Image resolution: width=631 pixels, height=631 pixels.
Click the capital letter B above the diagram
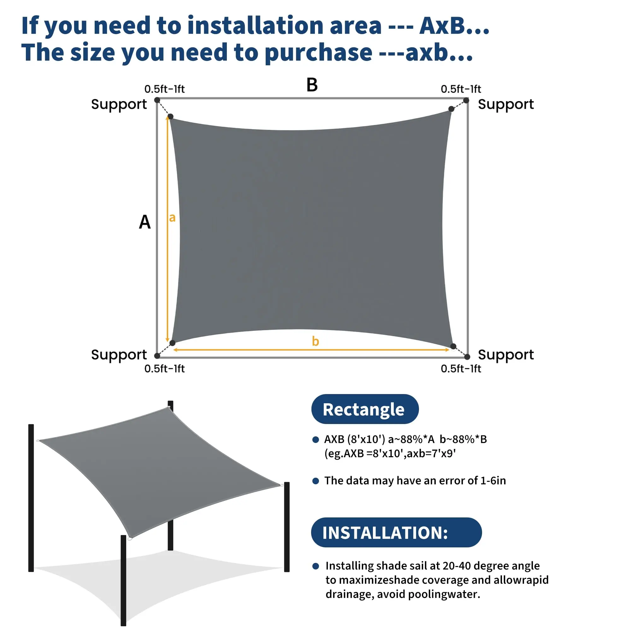(x=312, y=85)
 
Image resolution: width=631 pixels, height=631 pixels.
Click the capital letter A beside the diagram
(x=145, y=222)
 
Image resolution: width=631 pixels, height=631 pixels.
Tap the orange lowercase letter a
(x=172, y=217)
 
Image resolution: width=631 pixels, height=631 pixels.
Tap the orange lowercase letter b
(x=315, y=341)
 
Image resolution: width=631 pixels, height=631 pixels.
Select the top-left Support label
(x=119, y=105)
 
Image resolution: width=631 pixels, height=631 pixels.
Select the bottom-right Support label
(x=505, y=355)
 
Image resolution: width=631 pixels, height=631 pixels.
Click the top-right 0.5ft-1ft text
(x=461, y=89)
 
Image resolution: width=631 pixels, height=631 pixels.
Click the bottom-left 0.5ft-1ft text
(x=164, y=369)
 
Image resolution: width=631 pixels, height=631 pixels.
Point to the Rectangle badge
(x=365, y=409)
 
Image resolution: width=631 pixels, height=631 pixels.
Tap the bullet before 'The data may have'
(x=315, y=481)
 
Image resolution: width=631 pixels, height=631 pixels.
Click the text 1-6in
(x=493, y=481)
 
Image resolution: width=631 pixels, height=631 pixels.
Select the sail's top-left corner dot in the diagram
(x=170, y=117)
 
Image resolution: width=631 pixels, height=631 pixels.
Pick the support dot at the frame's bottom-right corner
(x=467, y=357)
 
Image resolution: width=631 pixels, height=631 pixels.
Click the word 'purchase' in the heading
(x=318, y=52)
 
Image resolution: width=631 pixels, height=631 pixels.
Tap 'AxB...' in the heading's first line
(x=454, y=26)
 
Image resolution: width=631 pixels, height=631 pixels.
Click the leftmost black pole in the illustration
(x=31, y=498)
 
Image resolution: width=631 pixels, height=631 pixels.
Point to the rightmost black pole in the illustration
(x=287, y=527)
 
